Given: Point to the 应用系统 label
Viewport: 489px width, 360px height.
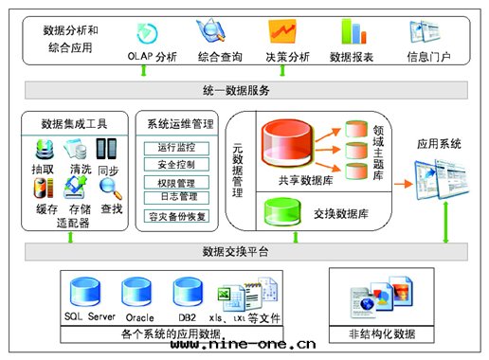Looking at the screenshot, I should pyautogui.click(x=439, y=144).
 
